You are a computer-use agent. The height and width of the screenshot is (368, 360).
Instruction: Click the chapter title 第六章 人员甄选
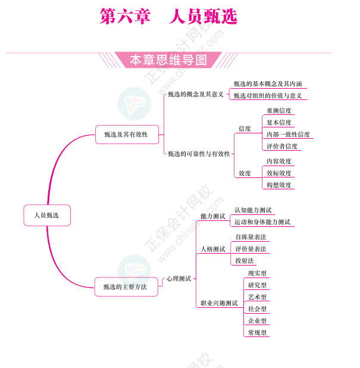[x=168, y=16]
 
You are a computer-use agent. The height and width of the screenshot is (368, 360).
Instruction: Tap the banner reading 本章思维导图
[x=168, y=60]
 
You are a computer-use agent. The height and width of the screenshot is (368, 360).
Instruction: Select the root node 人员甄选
[x=47, y=215]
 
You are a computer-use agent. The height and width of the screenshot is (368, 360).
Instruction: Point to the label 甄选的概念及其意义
[x=195, y=94]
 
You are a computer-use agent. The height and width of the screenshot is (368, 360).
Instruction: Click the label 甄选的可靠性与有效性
[x=199, y=154]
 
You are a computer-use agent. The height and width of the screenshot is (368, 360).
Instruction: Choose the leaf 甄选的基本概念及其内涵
[x=268, y=84]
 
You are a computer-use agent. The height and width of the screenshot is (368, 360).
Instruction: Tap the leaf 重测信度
[x=278, y=111]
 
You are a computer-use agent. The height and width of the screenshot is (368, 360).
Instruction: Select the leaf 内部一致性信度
[x=288, y=135]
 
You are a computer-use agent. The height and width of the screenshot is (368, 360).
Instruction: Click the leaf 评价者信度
[x=282, y=146]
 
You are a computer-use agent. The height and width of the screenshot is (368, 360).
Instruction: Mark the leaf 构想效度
[x=278, y=185]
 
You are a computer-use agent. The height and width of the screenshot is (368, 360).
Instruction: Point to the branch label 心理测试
[x=179, y=279]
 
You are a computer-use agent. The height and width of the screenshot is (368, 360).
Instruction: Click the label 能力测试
[x=212, y=216]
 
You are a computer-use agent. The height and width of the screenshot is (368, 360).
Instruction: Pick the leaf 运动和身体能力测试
[x=262, y=222]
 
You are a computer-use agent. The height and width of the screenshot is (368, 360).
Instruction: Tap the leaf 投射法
[x=245, y=261]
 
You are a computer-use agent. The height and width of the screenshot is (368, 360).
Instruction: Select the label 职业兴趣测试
[x=218, y=303]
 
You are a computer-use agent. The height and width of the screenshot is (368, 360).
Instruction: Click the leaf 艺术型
[x=257, y=297]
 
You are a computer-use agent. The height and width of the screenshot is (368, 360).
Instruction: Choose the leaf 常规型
[x=257, y=333]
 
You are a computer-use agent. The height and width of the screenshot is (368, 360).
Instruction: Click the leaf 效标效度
[x=278, y=173]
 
